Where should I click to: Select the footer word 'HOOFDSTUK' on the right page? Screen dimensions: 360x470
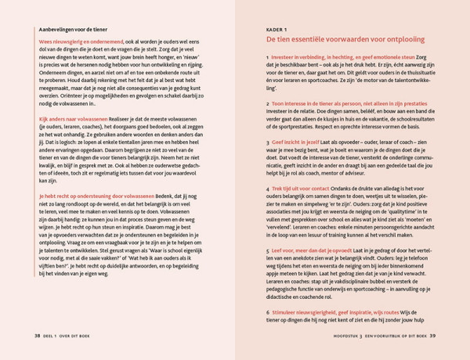click(338, 336)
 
